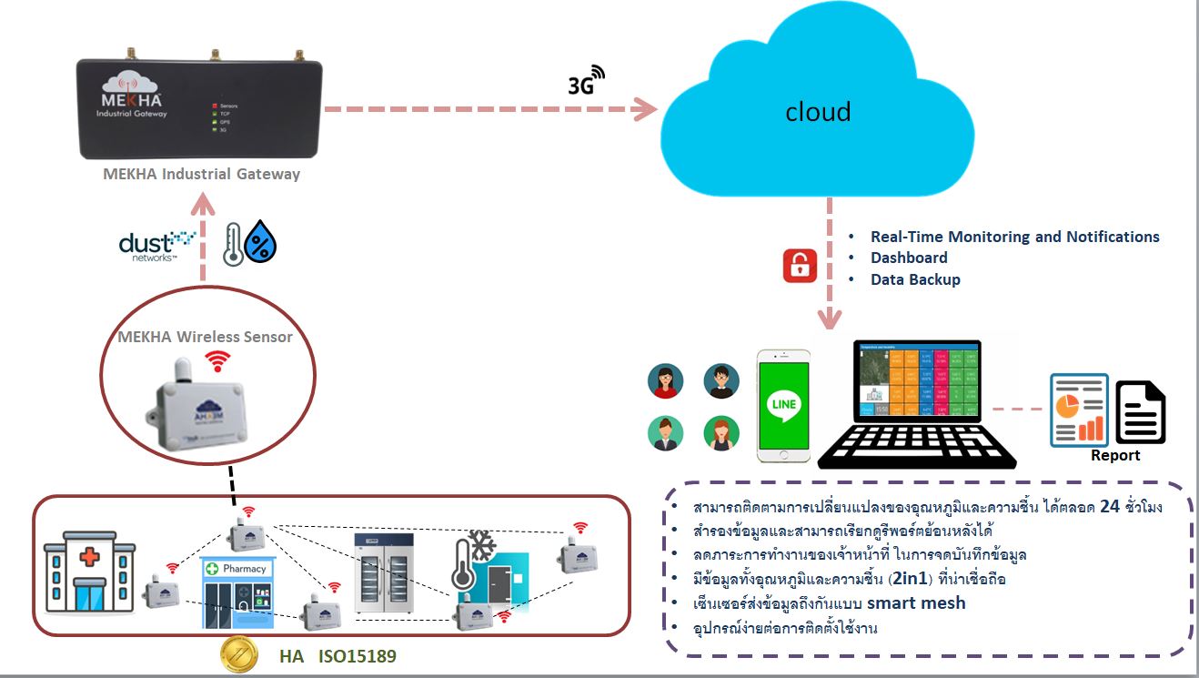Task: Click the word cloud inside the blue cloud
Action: (818, 112)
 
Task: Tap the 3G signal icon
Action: (586, 81)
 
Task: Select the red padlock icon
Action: (800, 266)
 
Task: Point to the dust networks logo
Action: (157, 244)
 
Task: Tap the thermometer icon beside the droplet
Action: (234, 244)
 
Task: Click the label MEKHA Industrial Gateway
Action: (201, 173)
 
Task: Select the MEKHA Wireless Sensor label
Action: (206, 337)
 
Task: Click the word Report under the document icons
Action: (1115, 455)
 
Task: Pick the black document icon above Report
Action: (1140, 412)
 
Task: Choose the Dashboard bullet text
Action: (909, 258)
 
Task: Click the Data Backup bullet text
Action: (915, 279)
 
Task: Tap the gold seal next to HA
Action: (239, 655)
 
